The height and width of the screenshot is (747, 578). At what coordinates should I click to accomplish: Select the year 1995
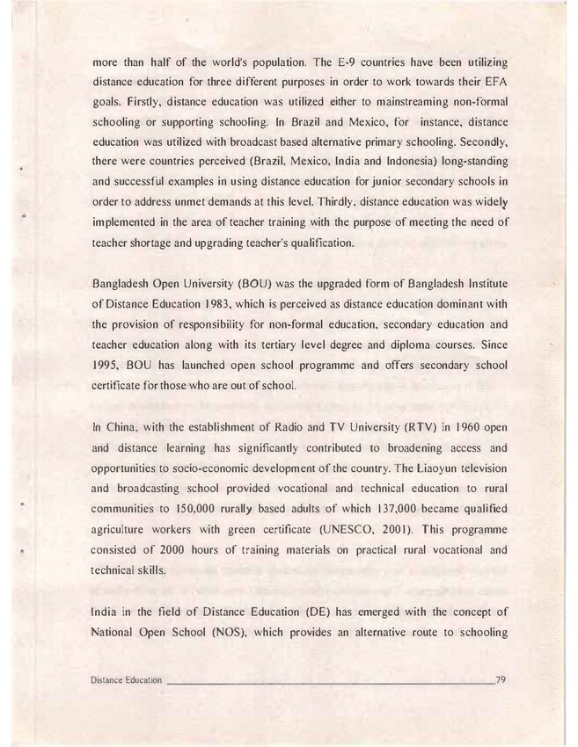pyautogui.click(x=107, y=364)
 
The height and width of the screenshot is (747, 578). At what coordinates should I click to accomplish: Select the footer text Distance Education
pyautogui.click(x=128, y=680)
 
